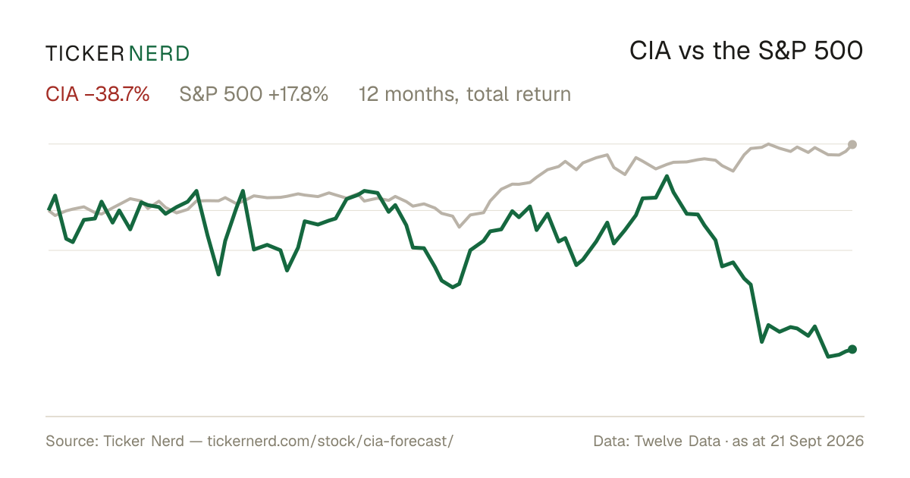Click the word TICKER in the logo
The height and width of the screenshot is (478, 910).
coord(84,54)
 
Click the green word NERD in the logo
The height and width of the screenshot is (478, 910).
coord(159,54)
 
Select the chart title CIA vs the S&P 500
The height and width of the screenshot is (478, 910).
coord(746,51)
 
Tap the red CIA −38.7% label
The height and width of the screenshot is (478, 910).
coord(98,94)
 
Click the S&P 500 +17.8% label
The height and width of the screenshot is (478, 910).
coord(253,94)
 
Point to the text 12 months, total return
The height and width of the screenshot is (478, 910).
coord(465,94)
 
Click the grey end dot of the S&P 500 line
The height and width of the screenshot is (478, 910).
coord(852,144)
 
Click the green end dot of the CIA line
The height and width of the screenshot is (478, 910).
coord(852,349)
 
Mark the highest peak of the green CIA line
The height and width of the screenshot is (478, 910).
coord(667,176)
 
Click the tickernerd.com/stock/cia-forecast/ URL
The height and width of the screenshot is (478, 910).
coord(331,441)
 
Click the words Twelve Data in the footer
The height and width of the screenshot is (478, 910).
coord(677,441)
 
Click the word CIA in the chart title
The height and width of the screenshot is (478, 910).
coord(650,51)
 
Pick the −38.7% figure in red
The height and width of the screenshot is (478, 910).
coord(117,94)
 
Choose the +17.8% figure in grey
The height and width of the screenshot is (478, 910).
coord(298,94)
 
